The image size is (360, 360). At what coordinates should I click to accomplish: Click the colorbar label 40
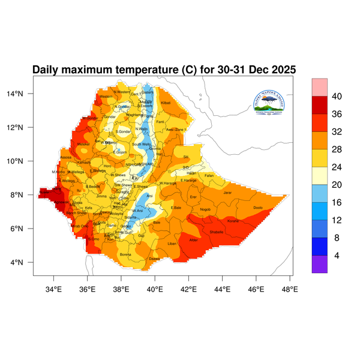click(x=337, y=97)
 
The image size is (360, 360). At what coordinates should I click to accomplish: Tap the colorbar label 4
click(x=336, y=256)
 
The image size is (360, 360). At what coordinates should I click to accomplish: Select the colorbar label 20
click(x=337, y=176)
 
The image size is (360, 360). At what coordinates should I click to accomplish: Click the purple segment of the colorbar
click(x=319, y=265)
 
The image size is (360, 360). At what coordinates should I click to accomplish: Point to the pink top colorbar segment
click(x=319, y=87)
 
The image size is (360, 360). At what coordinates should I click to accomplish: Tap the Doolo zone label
click(x=258, y=208)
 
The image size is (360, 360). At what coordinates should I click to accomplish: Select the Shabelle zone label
click(x=217, y=232)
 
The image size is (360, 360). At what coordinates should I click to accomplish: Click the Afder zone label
click(x=194, y=240)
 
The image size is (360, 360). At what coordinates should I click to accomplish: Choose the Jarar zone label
click(x=227, y=193)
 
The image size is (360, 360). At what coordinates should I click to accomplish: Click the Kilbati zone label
click(x=166, y=103)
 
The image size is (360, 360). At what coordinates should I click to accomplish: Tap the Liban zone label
click(x=172, y=244)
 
